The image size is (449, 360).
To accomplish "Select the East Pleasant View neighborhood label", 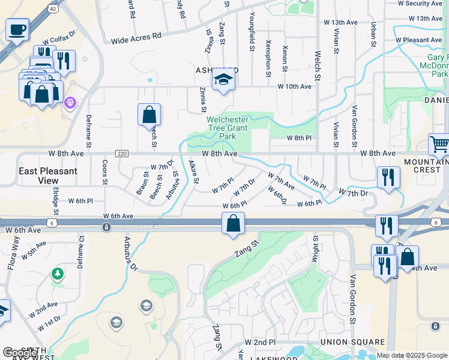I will pos(48,175).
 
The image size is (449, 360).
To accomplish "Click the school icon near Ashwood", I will pos(223,80).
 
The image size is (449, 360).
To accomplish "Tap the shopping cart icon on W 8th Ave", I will pos(439,145).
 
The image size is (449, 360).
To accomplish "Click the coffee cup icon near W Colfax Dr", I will pos(17,28).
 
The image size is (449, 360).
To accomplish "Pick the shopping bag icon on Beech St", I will pos(149,114).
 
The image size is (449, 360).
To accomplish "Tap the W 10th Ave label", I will pos(294,86).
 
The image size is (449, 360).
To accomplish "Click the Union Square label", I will pos(352,342).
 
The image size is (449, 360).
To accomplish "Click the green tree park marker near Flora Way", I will pos(58,274).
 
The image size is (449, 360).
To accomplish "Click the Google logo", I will pos(20,353).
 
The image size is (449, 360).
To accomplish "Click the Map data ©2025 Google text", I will pos(412,355).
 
